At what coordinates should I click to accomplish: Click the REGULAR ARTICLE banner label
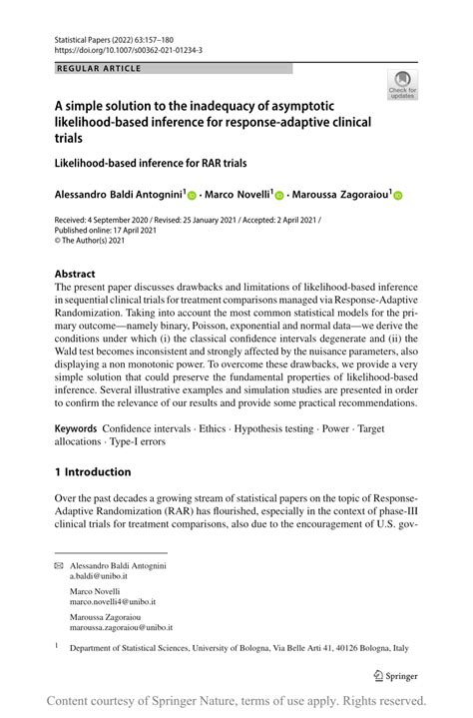click(99, 68)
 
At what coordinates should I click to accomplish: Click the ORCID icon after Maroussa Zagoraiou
click(397, 198)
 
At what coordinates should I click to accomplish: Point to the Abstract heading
click(76, 274)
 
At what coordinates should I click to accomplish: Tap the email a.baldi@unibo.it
click(104, 577)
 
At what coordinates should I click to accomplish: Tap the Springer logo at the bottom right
click(395, 674)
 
